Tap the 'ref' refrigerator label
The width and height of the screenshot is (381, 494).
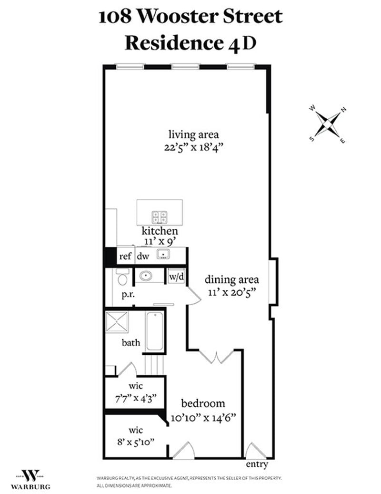(x=125, y=256)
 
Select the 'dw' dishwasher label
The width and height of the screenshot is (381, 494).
(x=143, y=256)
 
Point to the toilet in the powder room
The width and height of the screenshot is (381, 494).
(x=123, y=277)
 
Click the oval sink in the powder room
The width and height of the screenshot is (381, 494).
(x=145, y=276)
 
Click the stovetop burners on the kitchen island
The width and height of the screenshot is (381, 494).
(x=160, y=217)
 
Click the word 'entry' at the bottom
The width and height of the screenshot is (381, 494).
(x=257, y=464)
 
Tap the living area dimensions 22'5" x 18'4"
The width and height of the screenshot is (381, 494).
(x=190, y=146)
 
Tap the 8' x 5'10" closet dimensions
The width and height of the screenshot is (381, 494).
(x=136, y=441)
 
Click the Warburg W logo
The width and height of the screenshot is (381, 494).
(x=31, y=475)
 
